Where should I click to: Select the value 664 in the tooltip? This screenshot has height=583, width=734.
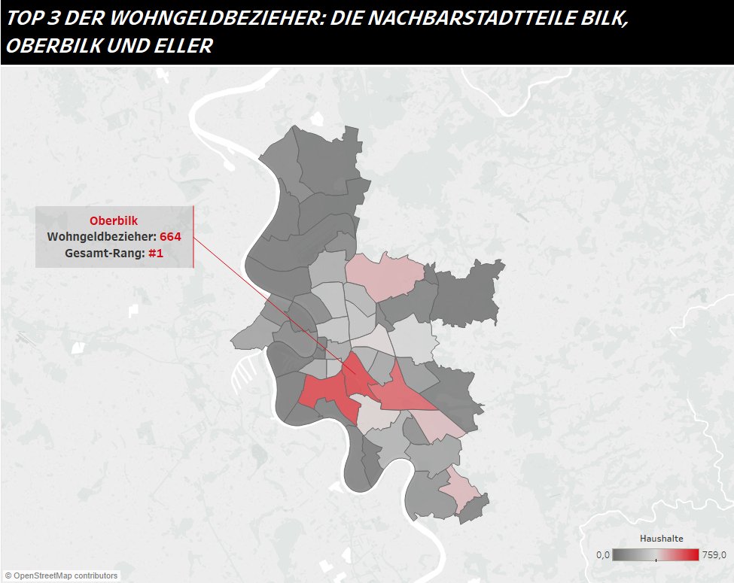coord(170,236)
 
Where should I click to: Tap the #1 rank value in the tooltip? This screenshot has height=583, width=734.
coord(156,254)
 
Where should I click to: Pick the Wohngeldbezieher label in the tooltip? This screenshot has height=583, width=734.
coord(101,236)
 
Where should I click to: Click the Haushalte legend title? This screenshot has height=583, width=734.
coord(661,539)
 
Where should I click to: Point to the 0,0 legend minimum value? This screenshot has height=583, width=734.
coord(602,555)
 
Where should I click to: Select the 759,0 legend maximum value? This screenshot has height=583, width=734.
coord(712,555)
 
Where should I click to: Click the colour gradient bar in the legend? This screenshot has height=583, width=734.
coord(655,555)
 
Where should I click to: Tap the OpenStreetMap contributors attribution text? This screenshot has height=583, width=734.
coord(61,576)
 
